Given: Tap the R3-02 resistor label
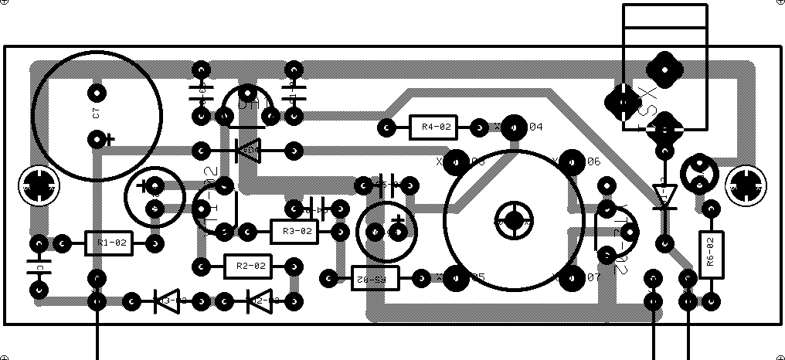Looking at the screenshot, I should pos(294,231).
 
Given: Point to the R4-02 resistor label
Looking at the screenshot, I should pos(433,127).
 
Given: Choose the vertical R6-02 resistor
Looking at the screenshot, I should pos(712,254).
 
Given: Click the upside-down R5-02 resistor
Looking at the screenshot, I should pos(375,277).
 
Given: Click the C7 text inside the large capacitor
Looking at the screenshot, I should pos(96,114).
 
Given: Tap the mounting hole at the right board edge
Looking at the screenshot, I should pos(746,185).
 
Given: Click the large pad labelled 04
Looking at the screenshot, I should pos(515,127).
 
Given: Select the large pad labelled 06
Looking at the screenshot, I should pos(572,161).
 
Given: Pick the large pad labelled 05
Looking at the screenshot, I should pos(457,277).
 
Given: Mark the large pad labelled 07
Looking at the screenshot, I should pos(572,277).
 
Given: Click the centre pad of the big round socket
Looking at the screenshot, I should pos(515,219).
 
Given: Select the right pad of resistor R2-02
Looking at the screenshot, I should pos(294,267).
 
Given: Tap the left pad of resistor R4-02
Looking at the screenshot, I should pos(386,127).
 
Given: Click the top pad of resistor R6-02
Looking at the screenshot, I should pos(712,209).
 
